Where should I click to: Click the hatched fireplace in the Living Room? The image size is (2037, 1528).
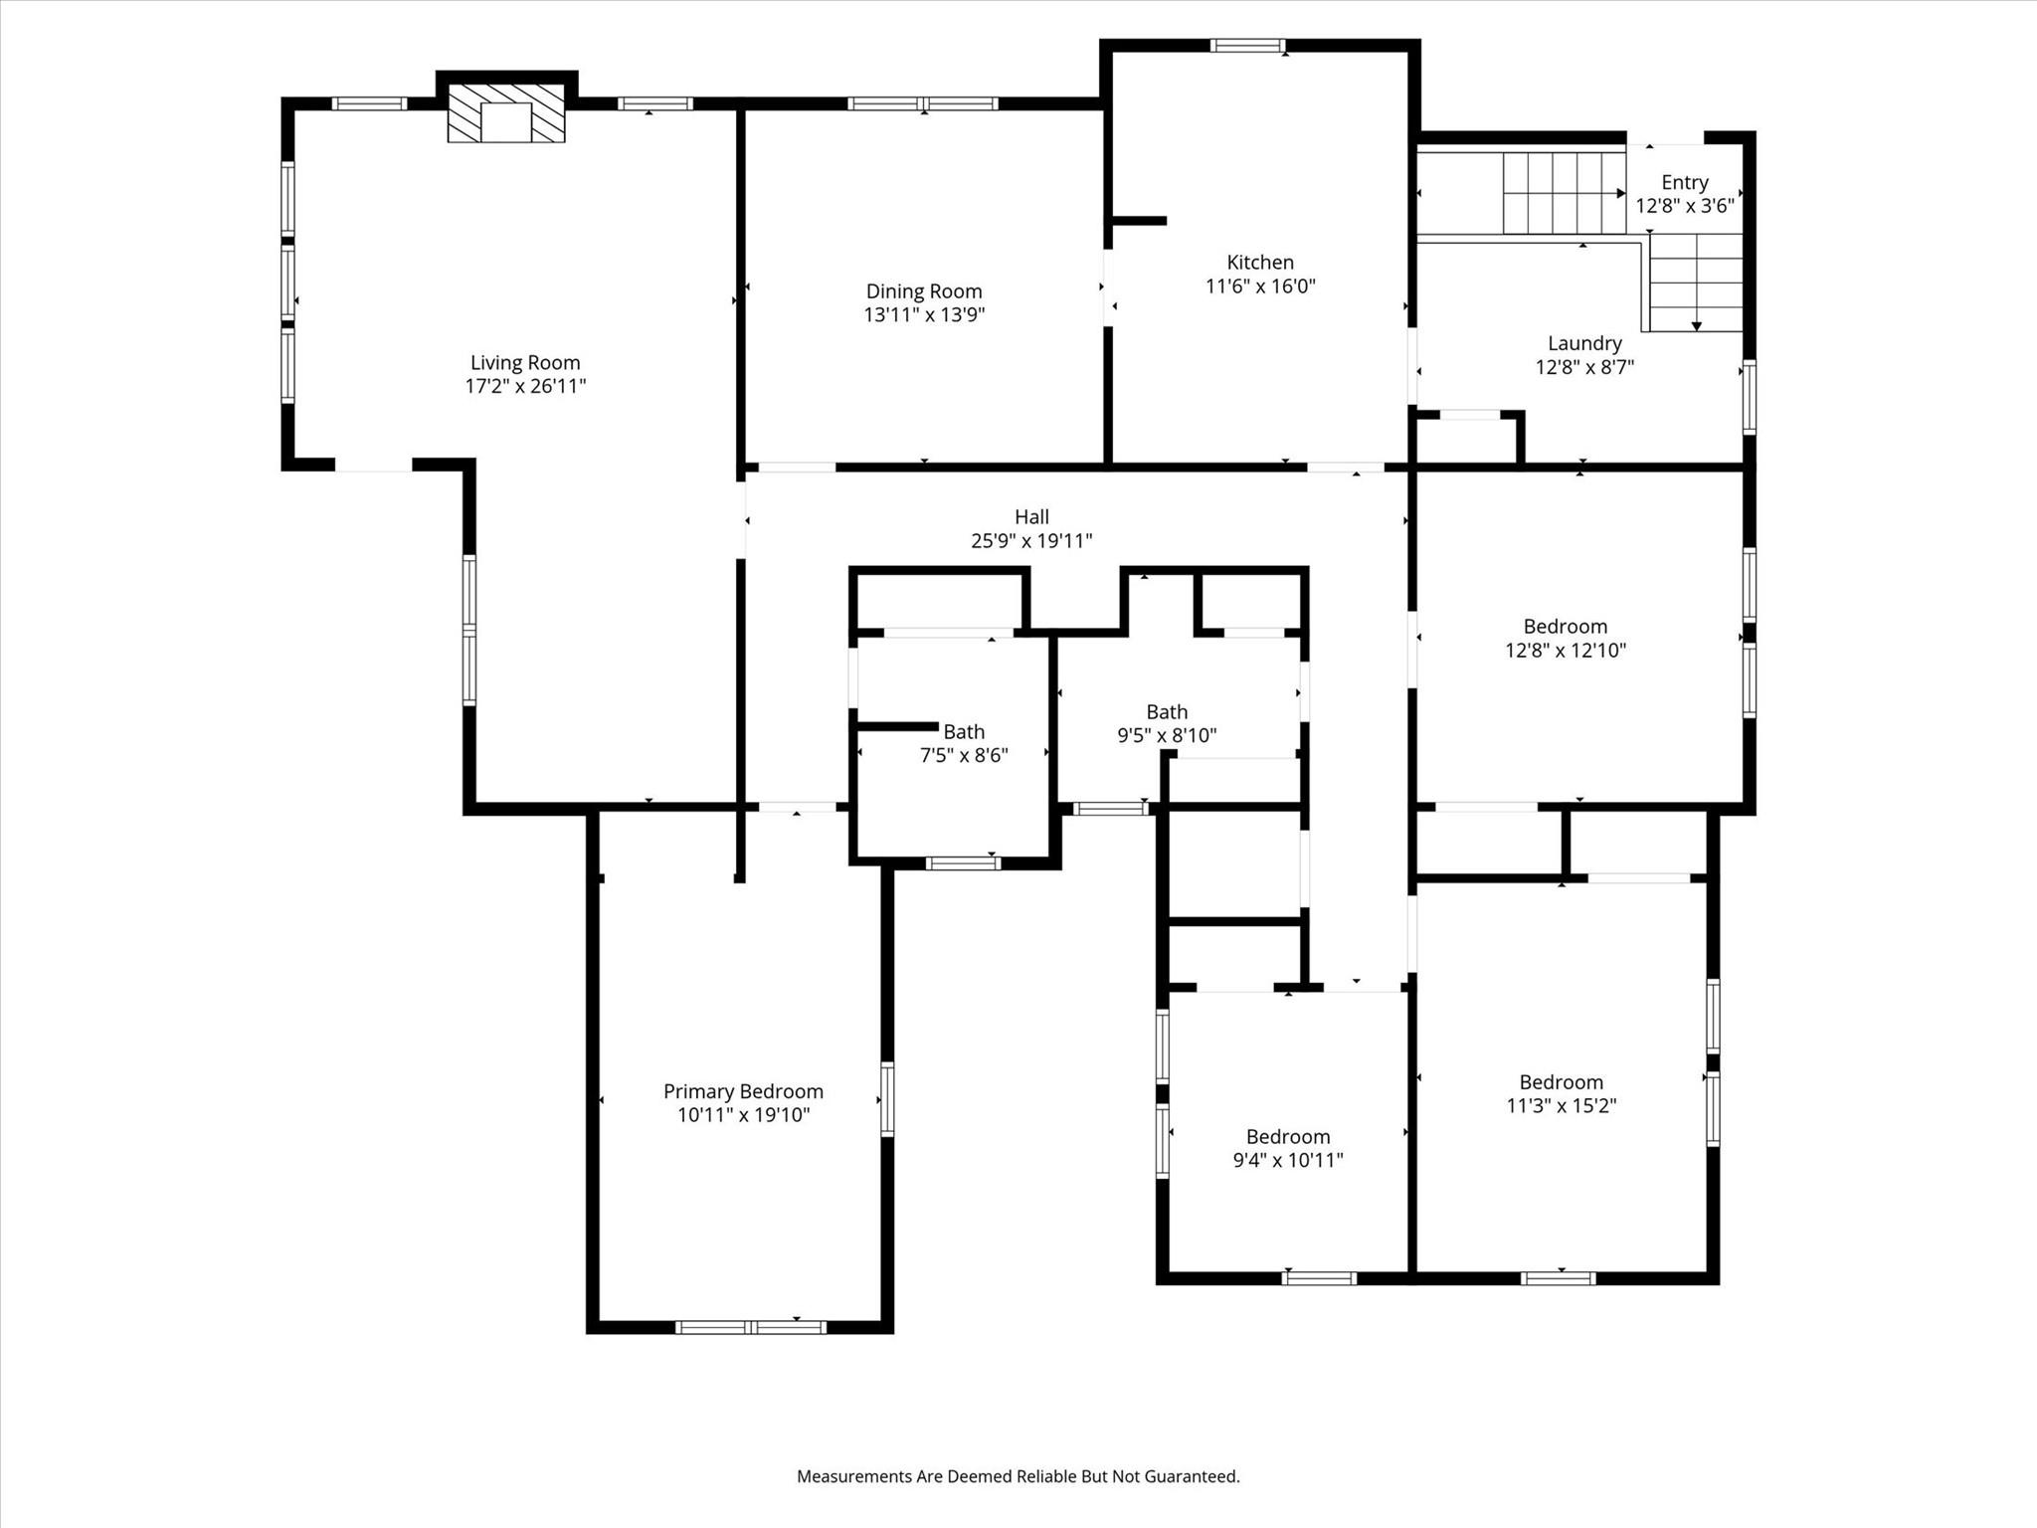click(506, 112)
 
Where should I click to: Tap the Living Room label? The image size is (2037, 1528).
click(525, 363)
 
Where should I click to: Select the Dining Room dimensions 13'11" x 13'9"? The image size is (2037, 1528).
click(924, 315)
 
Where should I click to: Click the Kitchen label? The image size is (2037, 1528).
click(1260, 263)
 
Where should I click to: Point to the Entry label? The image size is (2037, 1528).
click(1685, 183)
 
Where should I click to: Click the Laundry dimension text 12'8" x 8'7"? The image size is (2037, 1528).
click(1584, 367)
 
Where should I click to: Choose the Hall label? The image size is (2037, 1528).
click(1031, 517)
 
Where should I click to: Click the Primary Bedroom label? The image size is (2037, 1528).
click(743, 1091)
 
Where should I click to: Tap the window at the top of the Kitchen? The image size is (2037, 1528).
click(1248, 45)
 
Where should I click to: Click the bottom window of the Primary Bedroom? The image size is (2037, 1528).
click(751, 1327)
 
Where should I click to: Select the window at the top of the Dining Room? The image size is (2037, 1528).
click(923, 103)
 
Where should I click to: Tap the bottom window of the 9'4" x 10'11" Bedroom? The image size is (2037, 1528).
click(1319, 1278)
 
